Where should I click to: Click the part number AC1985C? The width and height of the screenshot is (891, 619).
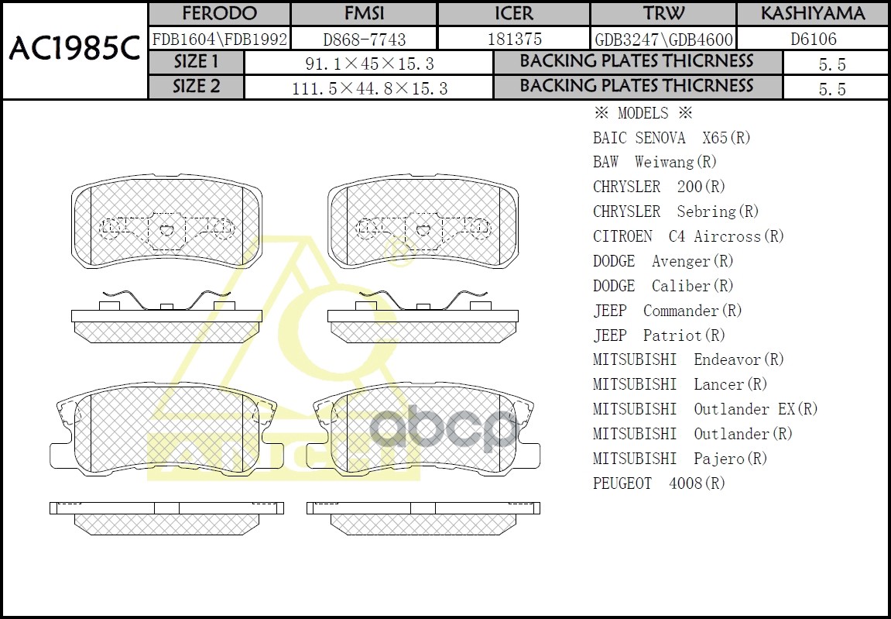click(x=74, y=50)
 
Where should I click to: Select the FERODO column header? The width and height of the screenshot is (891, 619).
click(x=219, y=14)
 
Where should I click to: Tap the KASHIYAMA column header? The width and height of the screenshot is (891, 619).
click(x=812, y=14)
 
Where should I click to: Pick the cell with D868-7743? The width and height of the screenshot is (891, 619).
click(x=364, y=39)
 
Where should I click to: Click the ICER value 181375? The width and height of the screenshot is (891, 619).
click(x=514, y=39)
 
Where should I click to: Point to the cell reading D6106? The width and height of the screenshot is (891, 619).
click(x=812, y=39)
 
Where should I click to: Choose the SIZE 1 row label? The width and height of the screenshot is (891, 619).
click(x=196, y=62)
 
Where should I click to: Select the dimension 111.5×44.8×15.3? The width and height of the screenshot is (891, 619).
click(x=369, y=88)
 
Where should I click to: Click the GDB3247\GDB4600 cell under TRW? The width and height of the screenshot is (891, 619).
click(x=663, y=39)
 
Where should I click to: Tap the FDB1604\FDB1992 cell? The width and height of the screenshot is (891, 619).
click(x=219, y=39)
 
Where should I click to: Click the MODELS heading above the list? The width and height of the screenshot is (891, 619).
click(x=643, y=113)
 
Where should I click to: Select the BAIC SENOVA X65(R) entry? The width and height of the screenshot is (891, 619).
click(x=672, y=138)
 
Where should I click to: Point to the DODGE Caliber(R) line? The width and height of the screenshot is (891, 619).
click(x=663, y=286)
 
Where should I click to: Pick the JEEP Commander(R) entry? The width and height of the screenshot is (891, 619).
click(x=667, y=311)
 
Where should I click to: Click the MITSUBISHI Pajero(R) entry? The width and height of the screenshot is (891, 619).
click(x=680, y=459)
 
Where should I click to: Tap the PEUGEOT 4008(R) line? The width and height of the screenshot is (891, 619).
click(x=659, y=483)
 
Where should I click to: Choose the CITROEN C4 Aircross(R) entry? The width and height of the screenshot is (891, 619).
click(x=688, y=236)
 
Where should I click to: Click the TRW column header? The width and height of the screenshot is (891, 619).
click(x=663, y=14)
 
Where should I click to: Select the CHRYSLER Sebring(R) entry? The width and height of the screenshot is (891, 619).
click(x=676, y=211)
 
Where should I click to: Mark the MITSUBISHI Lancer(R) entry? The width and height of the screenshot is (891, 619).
click(x=680, y=384)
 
